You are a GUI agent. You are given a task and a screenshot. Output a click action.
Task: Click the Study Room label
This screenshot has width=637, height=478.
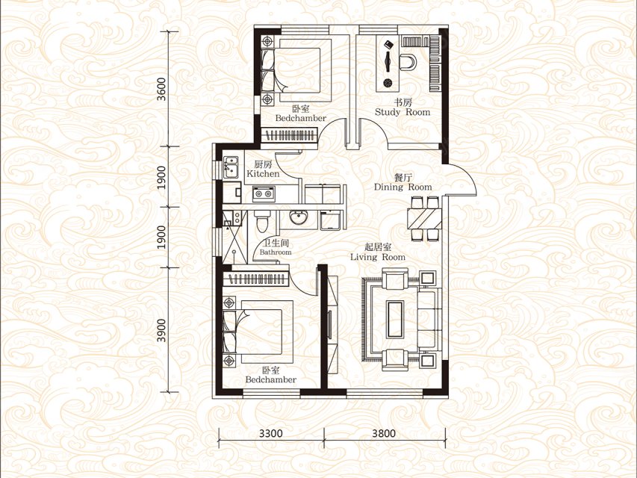click(403, 112)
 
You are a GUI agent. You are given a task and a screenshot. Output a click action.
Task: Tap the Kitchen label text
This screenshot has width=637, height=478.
click(264, 173)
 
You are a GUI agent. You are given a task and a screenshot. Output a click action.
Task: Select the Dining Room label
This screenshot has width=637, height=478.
click(403, 187)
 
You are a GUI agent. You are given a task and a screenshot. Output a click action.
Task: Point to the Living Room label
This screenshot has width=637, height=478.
click(378, 257)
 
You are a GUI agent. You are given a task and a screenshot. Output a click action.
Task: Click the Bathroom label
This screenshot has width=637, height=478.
click(276, 252)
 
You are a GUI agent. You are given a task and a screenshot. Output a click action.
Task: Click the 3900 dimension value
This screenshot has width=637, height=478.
click(162, 330)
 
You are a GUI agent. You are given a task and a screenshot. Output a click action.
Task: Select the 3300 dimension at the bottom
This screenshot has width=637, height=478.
click(270, 433)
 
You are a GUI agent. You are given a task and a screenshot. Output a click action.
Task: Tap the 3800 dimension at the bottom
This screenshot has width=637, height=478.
click(384, 433)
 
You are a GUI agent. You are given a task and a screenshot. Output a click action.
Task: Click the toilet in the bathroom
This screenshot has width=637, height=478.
click(261, 220)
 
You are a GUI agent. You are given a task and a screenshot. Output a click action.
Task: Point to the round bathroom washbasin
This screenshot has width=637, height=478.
click(299, 217)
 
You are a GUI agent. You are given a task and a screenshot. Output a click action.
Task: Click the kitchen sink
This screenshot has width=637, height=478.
click(230, 167)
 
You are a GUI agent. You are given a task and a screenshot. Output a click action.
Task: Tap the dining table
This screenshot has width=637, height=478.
click(425, 218)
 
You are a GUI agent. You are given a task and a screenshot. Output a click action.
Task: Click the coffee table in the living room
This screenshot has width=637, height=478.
click(395, 319)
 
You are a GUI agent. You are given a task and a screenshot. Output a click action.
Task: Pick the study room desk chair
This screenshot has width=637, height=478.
click(408, 62)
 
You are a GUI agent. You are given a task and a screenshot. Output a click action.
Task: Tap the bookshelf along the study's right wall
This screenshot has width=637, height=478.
click(435, 63)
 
